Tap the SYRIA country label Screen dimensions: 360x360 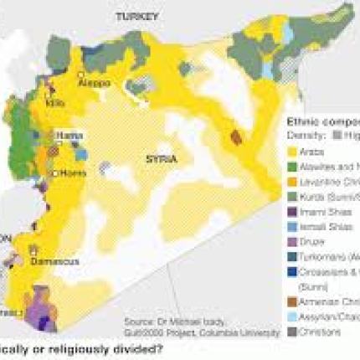(x=162, y=158)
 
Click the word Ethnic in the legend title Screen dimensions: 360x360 (x=304, y=120)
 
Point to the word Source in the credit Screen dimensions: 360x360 (x=138, y=321)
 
